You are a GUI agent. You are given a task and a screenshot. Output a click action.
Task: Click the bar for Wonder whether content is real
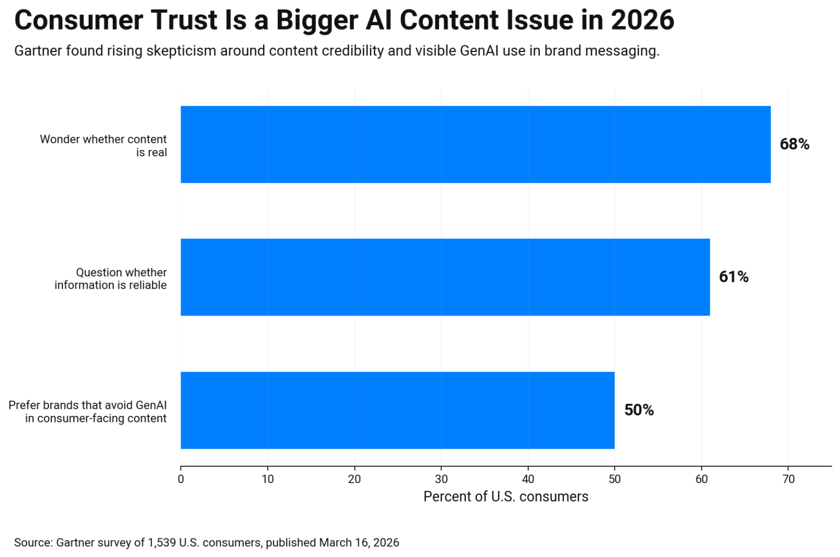(x=475, y=144)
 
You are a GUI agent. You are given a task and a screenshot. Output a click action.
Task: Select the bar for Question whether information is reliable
(x=445, y=277)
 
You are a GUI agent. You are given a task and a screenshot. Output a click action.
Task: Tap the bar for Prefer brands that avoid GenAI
(x=398, y=410)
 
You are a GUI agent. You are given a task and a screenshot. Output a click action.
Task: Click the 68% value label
(x=794, y=144)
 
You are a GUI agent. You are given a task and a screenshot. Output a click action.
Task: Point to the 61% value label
(x=733, y=277)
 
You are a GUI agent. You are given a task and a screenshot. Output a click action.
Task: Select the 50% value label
(x=639, y=410)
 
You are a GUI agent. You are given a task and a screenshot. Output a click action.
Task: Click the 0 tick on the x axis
(x=181, y=479)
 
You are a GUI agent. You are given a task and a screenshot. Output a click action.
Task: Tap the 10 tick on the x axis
(x=267, y=479)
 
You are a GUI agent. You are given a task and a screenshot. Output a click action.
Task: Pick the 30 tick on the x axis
(x=441, y=479)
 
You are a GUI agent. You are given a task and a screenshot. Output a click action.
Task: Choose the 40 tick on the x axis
(x=528, y=479)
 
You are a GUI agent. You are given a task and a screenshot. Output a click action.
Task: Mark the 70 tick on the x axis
(x=788, y=479)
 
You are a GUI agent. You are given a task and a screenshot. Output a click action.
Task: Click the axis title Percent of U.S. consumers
(x=506, y=497)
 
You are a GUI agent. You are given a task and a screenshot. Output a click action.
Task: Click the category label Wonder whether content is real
(x=103, y=146)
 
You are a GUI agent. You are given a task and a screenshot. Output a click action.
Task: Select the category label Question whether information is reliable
(x=110, y=279)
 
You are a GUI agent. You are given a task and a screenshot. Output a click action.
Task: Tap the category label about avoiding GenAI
(x=88, y=412)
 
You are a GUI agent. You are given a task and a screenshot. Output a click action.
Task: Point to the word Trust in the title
(x=183, y=21)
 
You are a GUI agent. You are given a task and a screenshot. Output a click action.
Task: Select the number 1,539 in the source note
(x=162, y=543)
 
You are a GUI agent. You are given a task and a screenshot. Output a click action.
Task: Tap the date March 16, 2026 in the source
(x=359, y=543)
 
